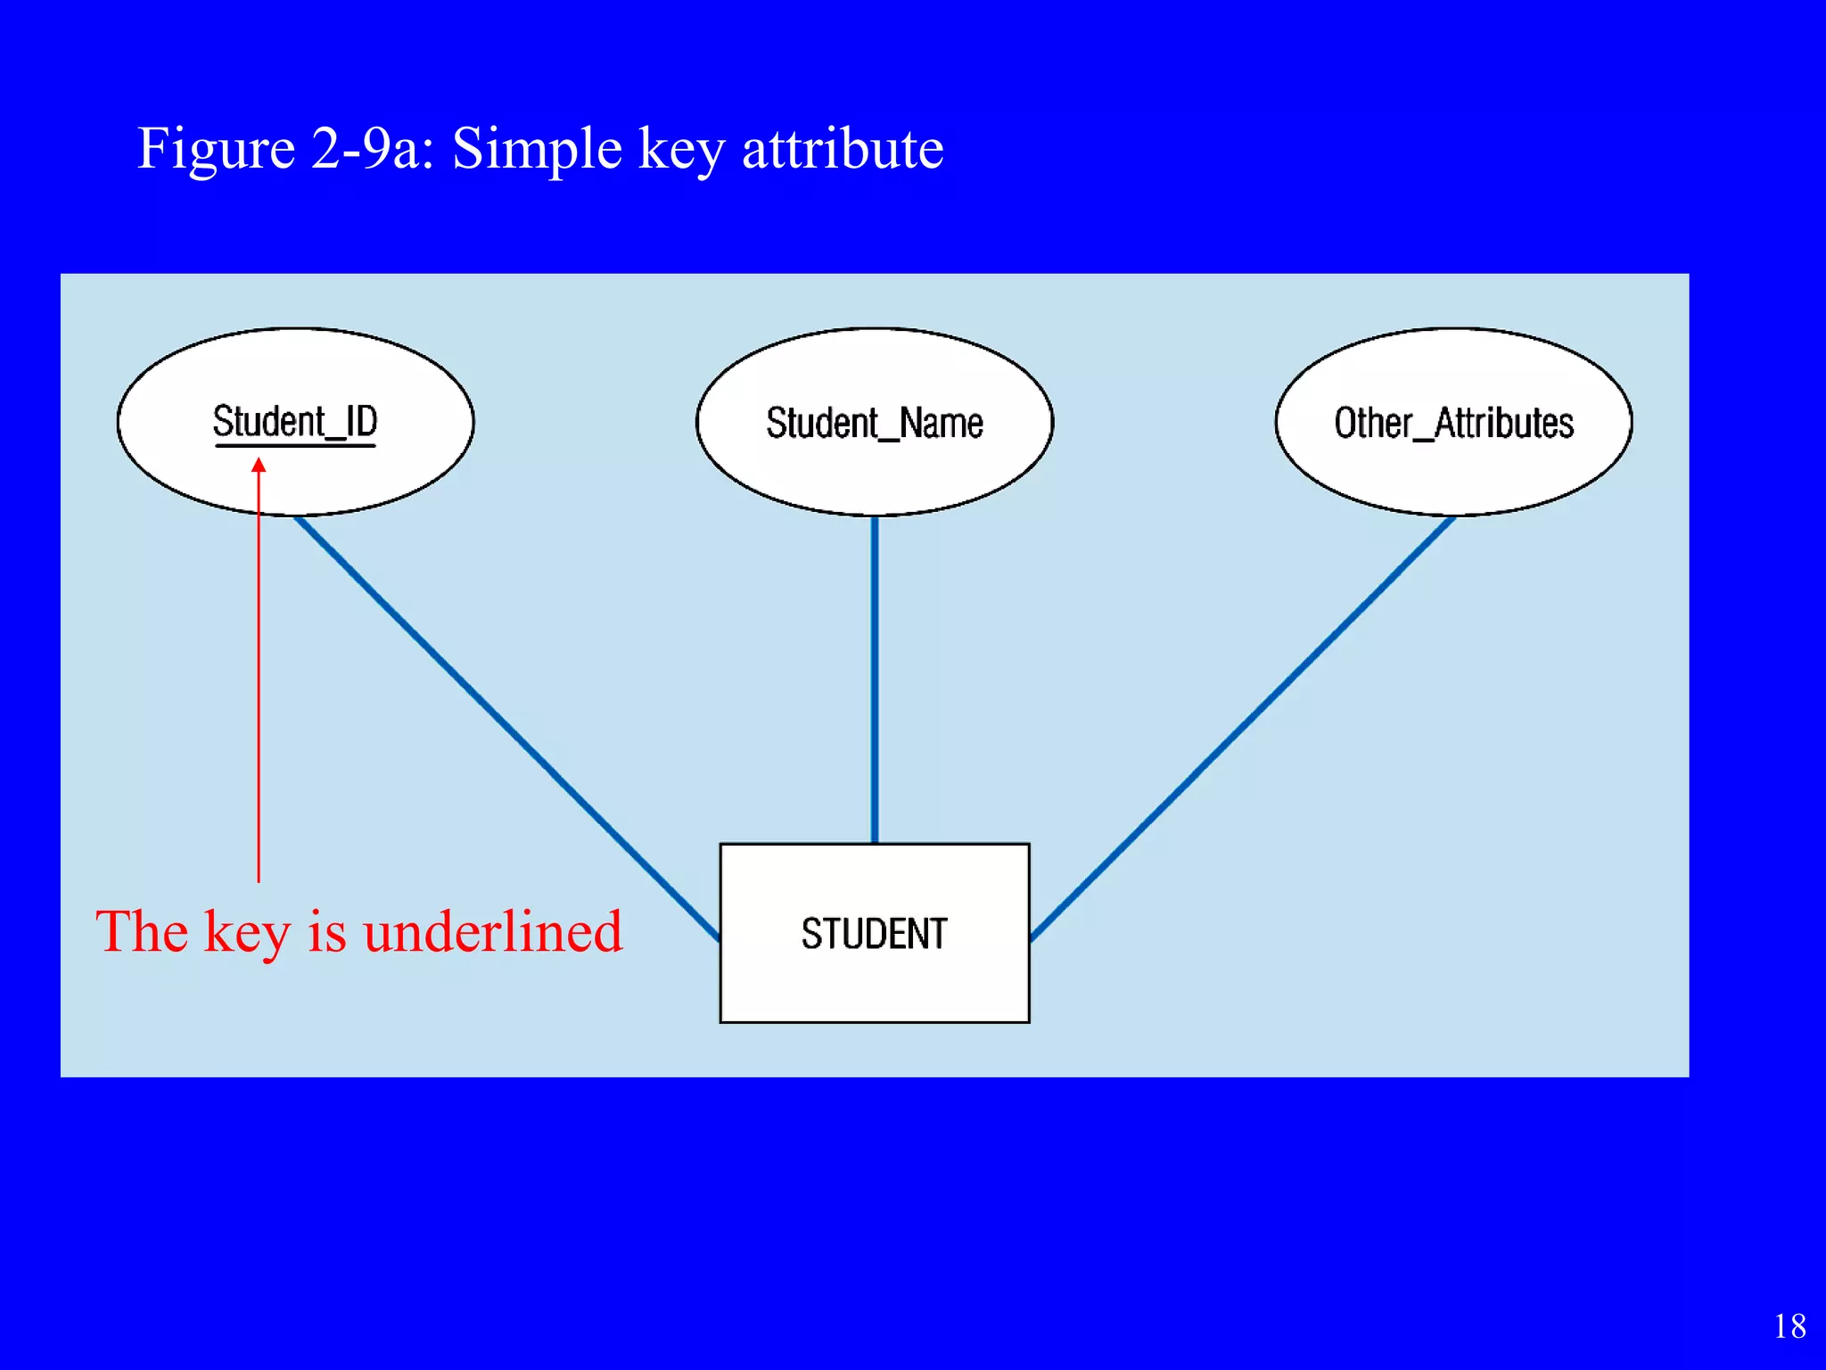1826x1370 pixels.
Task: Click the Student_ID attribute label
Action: tap(295, 420)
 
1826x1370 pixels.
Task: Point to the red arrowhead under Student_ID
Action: tap(259, 465)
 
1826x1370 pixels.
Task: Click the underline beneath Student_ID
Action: tap(295, 444)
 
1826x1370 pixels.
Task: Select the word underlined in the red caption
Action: tap(492, 932)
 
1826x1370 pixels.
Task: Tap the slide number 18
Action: tap(1789, 1326)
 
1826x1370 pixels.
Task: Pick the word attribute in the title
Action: tap(843, 148)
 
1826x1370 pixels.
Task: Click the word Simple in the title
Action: tap(537, 149)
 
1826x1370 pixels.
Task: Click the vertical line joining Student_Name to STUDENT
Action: tap(875, 678)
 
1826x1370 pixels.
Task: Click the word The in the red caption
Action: tap(142, 932)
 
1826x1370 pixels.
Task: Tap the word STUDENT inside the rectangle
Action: tap(874, 934)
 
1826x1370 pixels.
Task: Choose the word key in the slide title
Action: tap(681, 149)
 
